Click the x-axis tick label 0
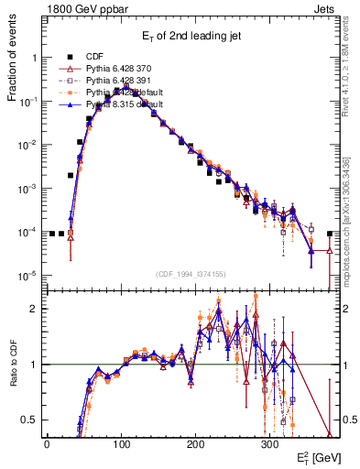[x=47, y=442]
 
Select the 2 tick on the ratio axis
[x=31, y=310]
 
